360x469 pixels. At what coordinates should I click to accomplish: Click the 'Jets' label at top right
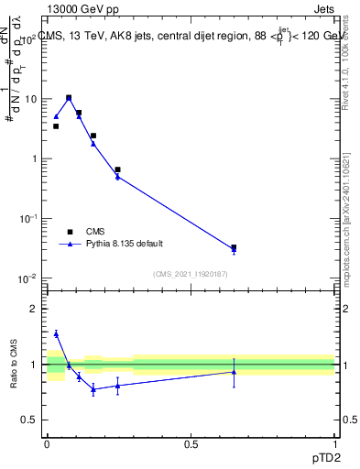click(x=322, y=9)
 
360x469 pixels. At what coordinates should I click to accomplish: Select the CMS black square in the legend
click(x=70, y=232)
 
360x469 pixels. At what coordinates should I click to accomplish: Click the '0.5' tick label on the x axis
click(x=191, y=444)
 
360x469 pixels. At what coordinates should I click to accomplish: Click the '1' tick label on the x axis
click(x=335, y=444)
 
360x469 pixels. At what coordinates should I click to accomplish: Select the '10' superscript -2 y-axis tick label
click(x=30, y=278)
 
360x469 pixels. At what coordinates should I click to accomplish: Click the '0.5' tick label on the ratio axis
click(x=31, y=420)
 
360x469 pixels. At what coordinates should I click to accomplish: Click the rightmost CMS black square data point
click(x=234, y=247)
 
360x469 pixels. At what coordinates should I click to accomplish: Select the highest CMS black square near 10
click(x=69, y=97)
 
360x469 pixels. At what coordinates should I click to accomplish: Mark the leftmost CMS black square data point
click(x=56, y=126)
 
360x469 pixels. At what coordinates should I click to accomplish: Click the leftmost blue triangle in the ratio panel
click(x=56, y=333)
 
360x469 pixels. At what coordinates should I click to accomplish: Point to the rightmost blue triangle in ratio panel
click(x=234, y=371)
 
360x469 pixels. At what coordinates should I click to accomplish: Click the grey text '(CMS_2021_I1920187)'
click(x=190, y=273)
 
